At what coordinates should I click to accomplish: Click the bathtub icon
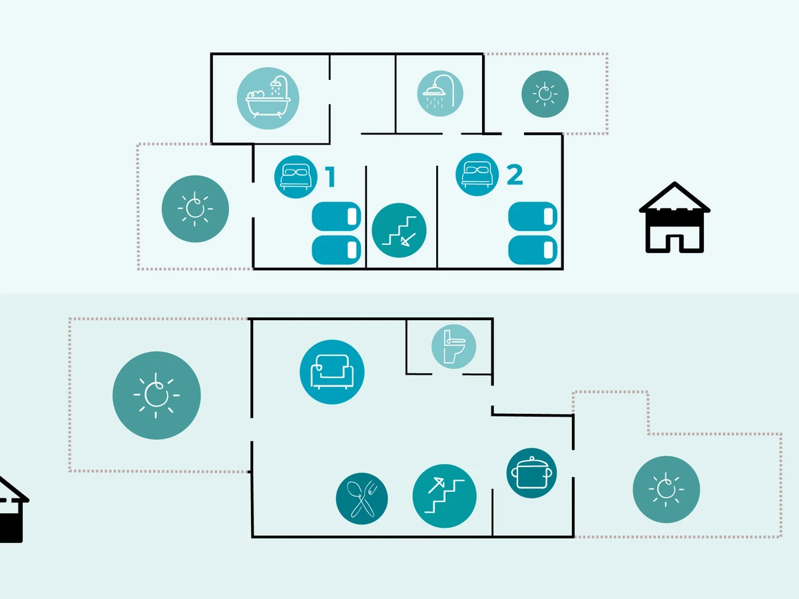[x=268, y=99]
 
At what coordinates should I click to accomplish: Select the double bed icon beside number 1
[x=296, y=176]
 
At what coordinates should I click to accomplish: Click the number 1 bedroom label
[x=330, y=177]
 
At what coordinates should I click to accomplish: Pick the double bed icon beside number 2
[x=477, y=174]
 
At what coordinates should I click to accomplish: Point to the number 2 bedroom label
[x=515, y=175]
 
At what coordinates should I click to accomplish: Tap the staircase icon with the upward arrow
[x=444, y=496]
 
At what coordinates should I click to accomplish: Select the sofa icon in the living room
[x=332, y=372]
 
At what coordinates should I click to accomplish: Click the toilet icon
[x=453, y=346]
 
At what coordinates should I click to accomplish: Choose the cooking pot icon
[x=531, y=473]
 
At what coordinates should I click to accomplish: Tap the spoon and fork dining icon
[x=362, y=499]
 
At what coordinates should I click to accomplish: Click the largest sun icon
[x=156, y=395]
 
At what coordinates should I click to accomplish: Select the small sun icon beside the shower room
[x=545, y=94]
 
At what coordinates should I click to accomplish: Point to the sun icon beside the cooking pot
[x=666, y=489]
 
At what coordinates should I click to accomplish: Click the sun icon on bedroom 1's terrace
[x=195, y=208]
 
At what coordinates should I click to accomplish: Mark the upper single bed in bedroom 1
[x=337, y=216]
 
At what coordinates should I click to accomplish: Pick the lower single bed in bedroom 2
[x=533, y=250]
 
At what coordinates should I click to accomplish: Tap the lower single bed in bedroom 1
[x=337, y=250]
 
